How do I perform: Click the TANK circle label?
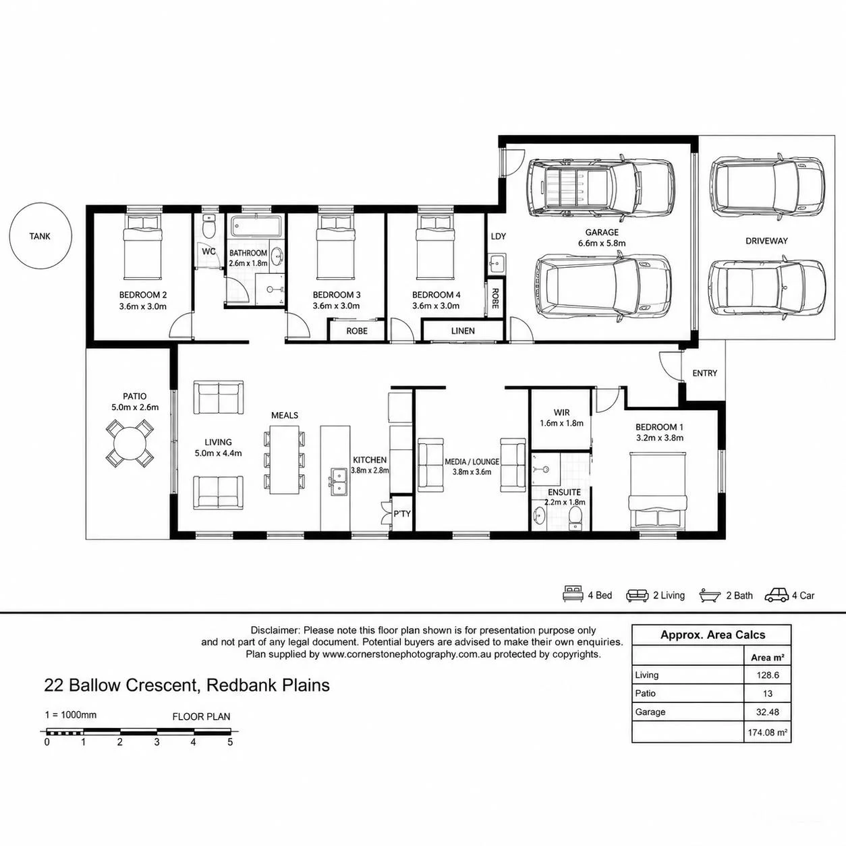(40, 236)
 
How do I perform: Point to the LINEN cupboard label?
(463, 331)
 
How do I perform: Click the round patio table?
(130, 443)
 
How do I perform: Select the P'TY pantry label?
(401, 513)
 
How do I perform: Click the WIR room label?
(561, 413)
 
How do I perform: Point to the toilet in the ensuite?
(575, 517)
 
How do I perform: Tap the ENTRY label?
(704, 373)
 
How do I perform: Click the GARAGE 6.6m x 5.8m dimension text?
(602, 244)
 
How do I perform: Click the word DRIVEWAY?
(766, 241)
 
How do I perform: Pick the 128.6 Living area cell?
(768, 675)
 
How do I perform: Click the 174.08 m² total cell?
(768, 732)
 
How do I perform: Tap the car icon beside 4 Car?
(777, 595)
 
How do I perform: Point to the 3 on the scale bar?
(157, 742)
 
